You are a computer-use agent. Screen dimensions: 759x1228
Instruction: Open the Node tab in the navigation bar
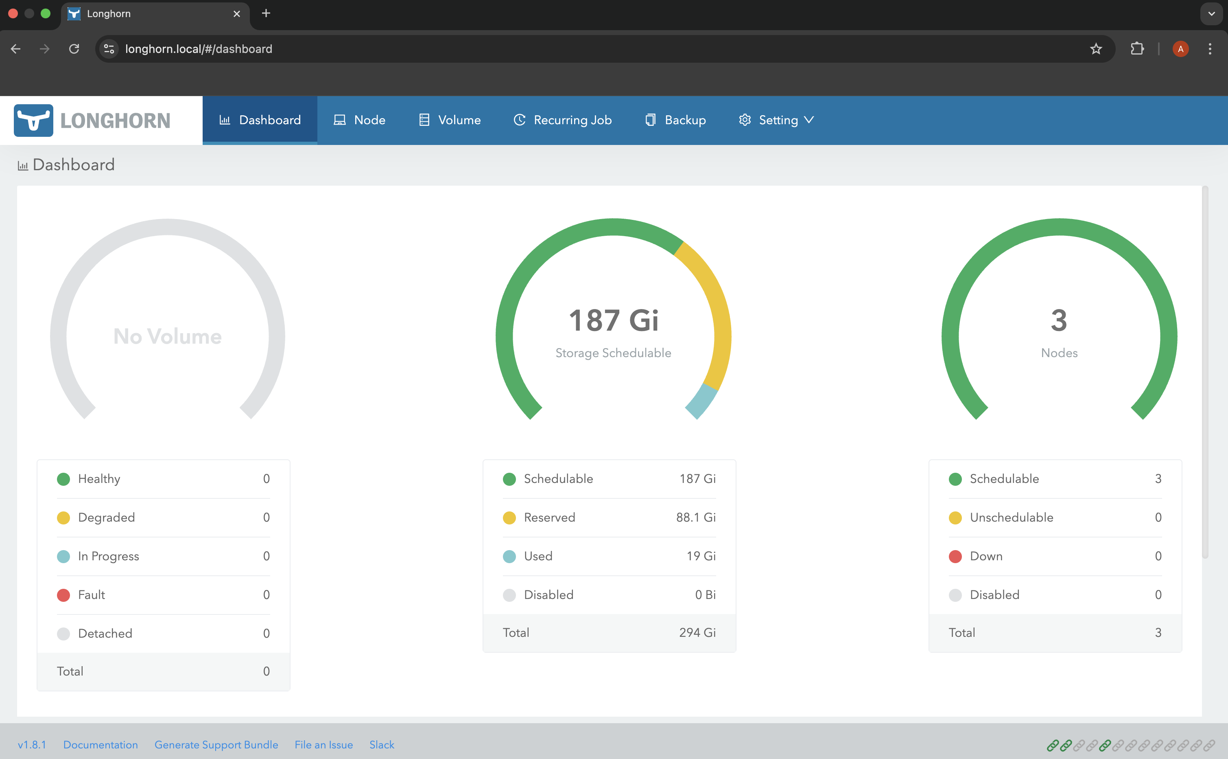point(360,120)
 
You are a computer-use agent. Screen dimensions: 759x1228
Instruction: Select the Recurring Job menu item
point(562,120)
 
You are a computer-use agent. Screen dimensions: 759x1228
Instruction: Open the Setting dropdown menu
point(776,120)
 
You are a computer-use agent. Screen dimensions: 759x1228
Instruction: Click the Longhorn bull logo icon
point(33,121)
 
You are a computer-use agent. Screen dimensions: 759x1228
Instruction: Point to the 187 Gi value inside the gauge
point(613,320)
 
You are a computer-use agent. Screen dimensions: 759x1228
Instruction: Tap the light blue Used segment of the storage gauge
point(701,401)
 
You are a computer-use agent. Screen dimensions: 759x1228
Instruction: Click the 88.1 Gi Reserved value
point(695,518)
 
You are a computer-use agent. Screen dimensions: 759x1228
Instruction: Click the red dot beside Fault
point(63,595)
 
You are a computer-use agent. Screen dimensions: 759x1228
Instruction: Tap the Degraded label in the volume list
point(106,518)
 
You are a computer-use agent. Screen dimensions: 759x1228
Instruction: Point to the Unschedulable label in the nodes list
point(1011,518)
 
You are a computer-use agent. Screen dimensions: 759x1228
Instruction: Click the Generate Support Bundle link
point(216,745)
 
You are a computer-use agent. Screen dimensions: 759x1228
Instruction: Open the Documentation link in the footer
point(101,745)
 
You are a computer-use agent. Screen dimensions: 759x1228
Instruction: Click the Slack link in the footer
point(382,745)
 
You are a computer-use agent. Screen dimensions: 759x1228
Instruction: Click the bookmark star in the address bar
point(1096,49)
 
